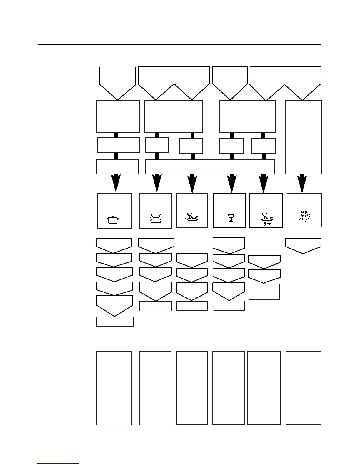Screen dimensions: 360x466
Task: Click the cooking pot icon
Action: [x=114, y=220]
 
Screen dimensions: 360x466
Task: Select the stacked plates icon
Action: [x=156, y=218]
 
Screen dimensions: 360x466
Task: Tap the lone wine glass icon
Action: [x=231, y=218]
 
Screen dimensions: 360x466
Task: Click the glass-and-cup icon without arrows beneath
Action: [x=192, y=217]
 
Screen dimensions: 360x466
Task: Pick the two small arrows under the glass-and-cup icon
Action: [x=267, y=224]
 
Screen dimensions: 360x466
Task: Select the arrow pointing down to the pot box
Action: [x=116, y=183]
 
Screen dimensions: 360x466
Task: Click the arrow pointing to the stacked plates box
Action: [x=157, y=183]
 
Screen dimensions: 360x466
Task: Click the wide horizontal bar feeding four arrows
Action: [x=210, y=167]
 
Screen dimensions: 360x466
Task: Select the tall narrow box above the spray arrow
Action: [x=304, y=137]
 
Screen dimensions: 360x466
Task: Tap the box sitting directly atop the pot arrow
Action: [x=117, y=167]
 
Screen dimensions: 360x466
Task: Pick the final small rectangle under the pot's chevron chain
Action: [x=115, y=322]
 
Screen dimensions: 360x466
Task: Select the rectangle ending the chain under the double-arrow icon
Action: [x=264, y=292]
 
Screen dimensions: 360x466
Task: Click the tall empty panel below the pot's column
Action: [x=114, y=388]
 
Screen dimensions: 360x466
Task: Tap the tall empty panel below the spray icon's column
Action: [x=303, y=388]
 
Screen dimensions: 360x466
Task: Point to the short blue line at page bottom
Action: [x=58, y=463]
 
